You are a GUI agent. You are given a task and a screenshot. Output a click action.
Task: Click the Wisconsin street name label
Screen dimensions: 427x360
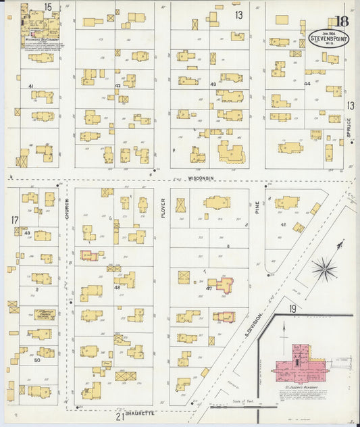(200, 178)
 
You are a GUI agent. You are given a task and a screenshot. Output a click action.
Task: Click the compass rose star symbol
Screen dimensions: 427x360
(324, 269)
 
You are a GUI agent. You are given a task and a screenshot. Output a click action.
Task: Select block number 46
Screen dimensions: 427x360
(283, 224)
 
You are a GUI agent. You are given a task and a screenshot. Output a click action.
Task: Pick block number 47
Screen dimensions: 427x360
(209, 288)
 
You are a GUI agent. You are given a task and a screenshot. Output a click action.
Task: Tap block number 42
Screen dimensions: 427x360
(118, 86)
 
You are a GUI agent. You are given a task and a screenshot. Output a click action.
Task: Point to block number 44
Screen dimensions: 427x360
(307, 84)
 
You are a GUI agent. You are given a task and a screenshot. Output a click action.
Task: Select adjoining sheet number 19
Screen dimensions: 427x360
(292, 309)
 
